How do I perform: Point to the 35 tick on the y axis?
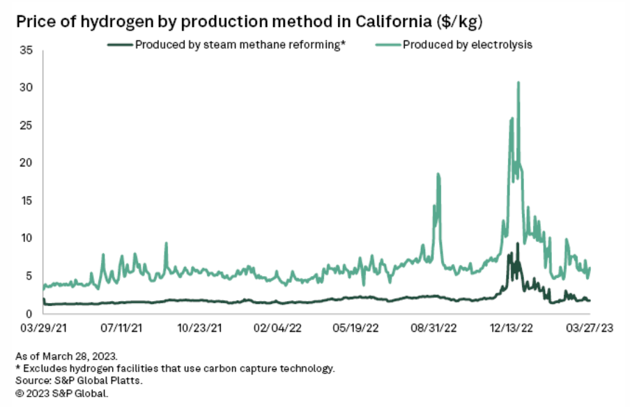27,50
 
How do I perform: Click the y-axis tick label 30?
27,88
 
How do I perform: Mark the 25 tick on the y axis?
27,125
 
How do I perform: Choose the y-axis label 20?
27,163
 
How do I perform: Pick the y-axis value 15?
27,201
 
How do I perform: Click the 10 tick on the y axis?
27,238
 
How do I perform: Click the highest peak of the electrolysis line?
518,83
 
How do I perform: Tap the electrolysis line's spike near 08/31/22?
438,175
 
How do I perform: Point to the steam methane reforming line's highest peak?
517,244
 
